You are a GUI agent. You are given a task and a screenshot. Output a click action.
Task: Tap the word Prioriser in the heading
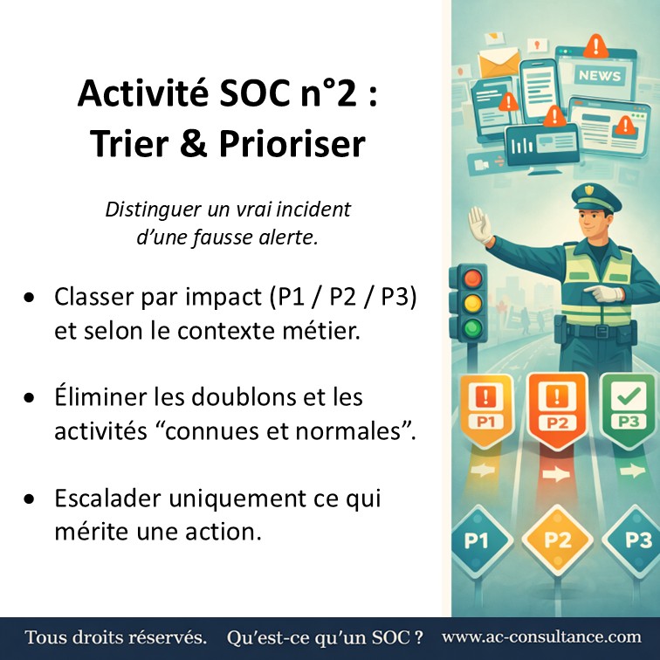[x=303, y=144]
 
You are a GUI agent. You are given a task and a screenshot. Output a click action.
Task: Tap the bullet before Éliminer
[x=31, y=398]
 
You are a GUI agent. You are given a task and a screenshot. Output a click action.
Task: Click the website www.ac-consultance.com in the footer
[x=541, y=637]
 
